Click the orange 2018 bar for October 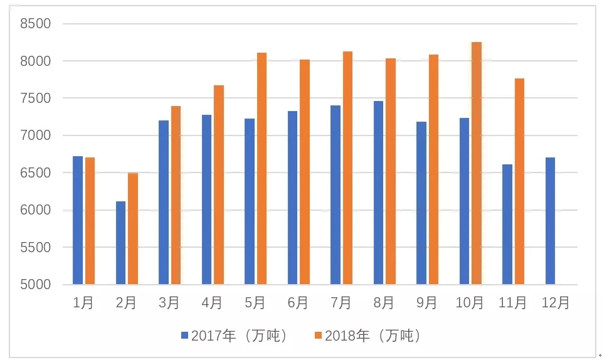tap(477, 163)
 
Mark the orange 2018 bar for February tap(133, 228)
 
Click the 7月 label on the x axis tap(341, 304)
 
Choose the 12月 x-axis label tap(556, 304)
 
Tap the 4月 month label tap(213, 304)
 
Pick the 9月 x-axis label tap(427, 304)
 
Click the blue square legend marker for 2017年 tap(185, 336)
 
